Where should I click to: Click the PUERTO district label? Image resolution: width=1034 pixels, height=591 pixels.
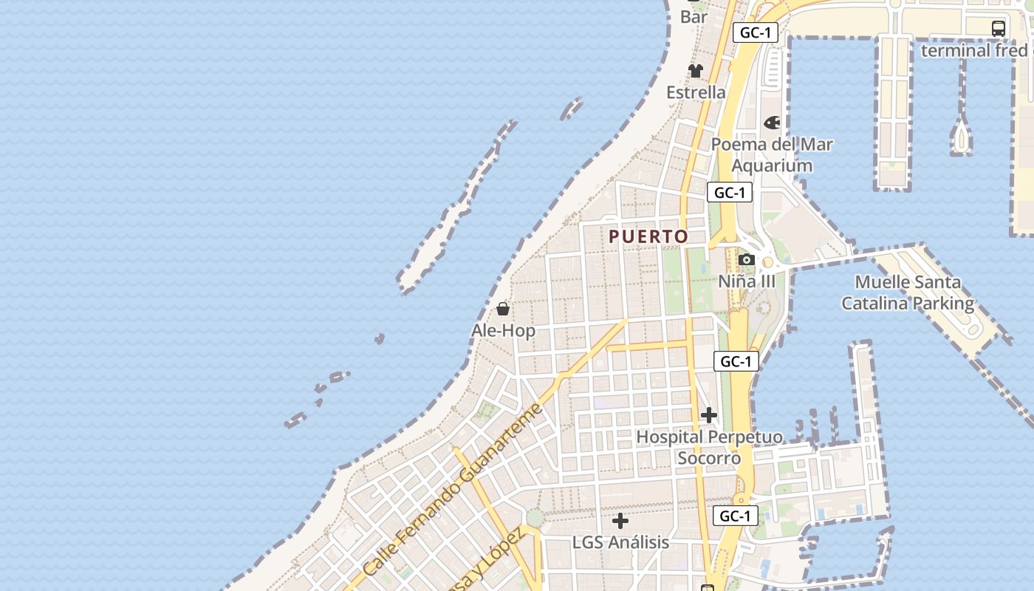(x=648, y=236)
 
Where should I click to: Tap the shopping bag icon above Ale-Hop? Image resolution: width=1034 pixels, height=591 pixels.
(x=503, y=309)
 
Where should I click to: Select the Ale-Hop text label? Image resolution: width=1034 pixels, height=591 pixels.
(x=503, y=331)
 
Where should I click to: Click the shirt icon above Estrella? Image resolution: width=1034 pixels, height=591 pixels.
(x=696, y=71)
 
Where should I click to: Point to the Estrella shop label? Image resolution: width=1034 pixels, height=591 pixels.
(x=696, y=92)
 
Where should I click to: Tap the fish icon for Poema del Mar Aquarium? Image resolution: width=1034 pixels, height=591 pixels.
(x=772, y=123)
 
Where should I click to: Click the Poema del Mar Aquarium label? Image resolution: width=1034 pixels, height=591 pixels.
(x=772, y=155)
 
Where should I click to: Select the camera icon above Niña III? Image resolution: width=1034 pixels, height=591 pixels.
(x=747, y=260)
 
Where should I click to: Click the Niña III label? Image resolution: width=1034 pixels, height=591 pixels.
(x=747, y=281)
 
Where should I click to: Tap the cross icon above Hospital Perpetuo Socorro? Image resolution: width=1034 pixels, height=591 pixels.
(x=709, y=415)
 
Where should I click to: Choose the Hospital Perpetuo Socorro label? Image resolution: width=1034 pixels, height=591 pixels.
(x=709, y=448)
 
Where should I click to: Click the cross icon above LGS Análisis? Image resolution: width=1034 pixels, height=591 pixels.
(x=620, y=521)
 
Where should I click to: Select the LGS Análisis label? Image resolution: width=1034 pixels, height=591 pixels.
(x=620, y=542)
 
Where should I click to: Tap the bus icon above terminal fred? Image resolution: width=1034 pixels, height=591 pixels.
(x=999, y=29)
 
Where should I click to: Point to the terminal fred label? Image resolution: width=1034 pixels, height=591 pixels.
(x=974, y=50)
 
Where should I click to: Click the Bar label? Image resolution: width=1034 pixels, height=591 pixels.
(x=694, y=16)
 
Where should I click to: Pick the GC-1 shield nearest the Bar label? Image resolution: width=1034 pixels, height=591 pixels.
(x=756, y=33)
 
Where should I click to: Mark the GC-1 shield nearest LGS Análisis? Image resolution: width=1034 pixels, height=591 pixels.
(x=736, y=516)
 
